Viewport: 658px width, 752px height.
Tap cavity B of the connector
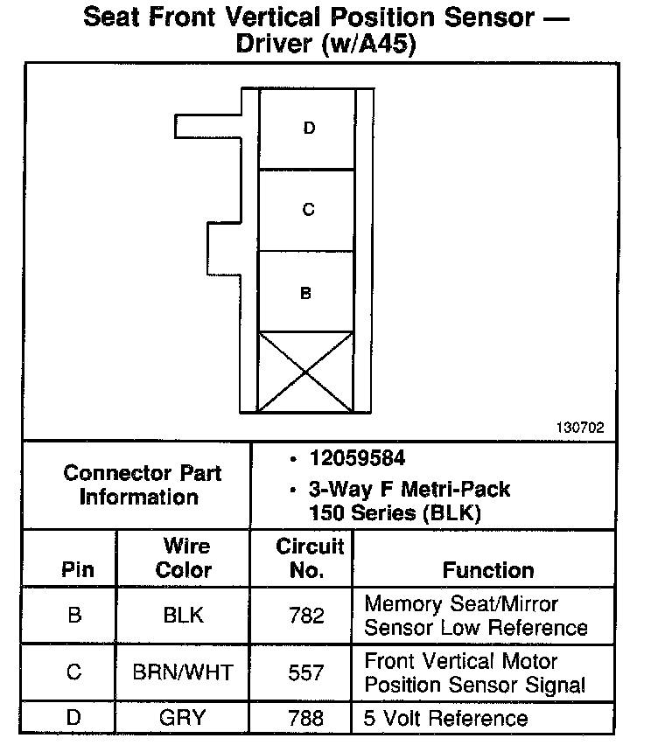(306, 293)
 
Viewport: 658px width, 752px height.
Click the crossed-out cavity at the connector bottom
(306, 370)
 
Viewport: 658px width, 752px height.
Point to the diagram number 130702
(579, 428)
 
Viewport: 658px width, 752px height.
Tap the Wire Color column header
(185, 558)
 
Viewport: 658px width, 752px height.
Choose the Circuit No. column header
(310, 558)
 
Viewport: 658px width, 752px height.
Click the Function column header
(487, 570)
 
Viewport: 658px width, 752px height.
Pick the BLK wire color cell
(184, 615)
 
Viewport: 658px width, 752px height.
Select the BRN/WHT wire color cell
(183, 672)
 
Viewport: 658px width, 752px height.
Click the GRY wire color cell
(183, 718)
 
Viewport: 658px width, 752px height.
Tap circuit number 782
(306, 615)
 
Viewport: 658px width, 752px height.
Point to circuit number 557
(306, 672)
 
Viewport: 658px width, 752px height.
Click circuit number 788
(306, 718)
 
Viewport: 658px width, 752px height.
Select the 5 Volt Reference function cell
(446, 718)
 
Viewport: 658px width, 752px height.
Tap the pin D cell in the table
(74, 718)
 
